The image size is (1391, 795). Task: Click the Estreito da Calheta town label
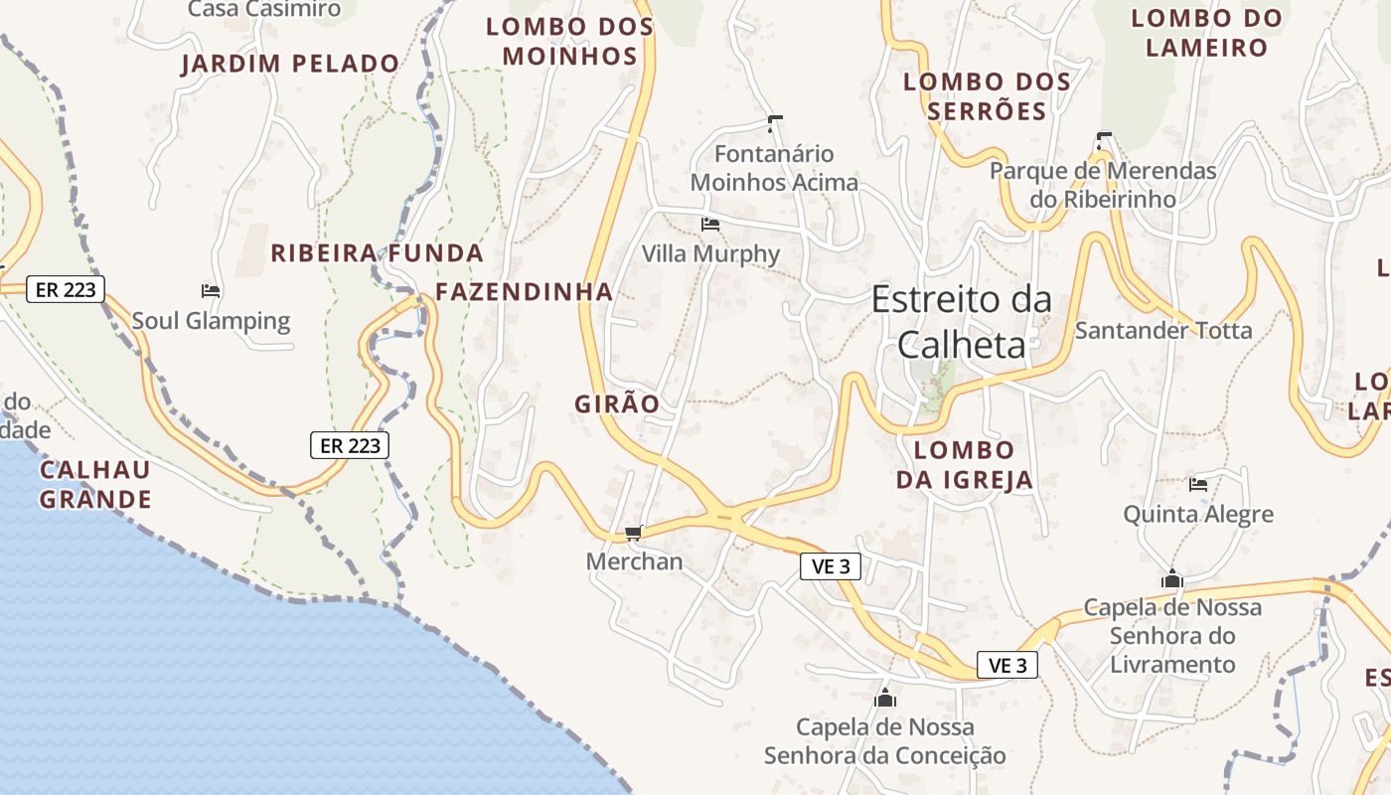coord(961,321)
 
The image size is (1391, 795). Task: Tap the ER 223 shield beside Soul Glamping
coord(65,289)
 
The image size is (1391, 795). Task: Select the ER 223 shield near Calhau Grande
coord(350,445)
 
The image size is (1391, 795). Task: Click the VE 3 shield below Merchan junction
coord(830,566)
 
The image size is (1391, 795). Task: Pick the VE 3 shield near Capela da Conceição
coord(1007,665)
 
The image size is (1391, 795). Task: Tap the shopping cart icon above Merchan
coord(634,534)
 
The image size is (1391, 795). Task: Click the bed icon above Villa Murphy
coord(710,225)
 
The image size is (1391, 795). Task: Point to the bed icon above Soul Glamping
coord(211,291)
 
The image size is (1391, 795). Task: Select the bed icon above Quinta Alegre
coord(1198,485)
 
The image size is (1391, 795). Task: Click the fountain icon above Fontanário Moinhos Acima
coord(775,124)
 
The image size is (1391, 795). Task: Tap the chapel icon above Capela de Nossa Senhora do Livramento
coord(1172,578)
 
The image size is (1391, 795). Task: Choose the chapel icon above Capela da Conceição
coord(885,698)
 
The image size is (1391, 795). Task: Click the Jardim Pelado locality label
coord(290,65)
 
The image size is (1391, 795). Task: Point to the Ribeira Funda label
coord(378,253)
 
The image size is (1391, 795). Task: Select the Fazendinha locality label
coord(525,292)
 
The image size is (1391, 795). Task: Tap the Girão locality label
coord(617,403)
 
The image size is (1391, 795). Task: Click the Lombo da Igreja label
coord(965,465)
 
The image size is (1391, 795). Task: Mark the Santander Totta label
coord(1163,330)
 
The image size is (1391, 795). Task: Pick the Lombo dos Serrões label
coord(987,96)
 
